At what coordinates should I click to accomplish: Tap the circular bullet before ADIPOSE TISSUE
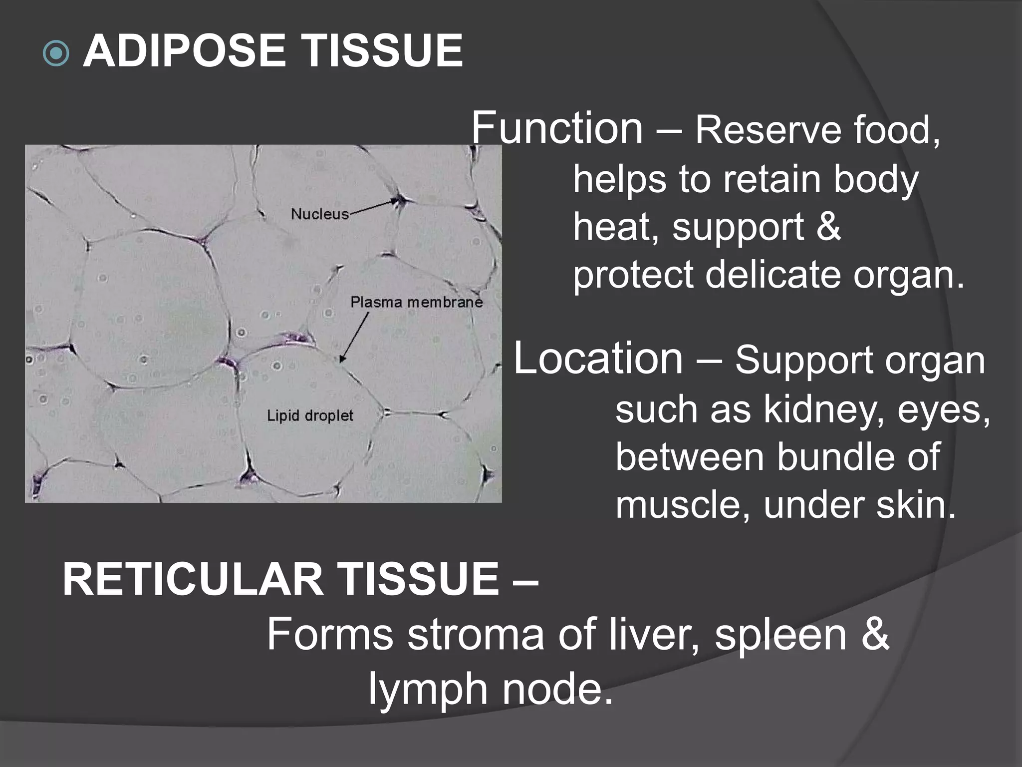(x=56, y=53)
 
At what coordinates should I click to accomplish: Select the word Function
(x=557, y=128)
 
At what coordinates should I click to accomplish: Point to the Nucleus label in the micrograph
(x=319, y=214)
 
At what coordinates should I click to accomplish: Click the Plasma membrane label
(x=416, y=302)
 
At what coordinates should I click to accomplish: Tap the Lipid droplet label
(x=310, y=415)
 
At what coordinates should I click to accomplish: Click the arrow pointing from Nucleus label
(x=374, y=207)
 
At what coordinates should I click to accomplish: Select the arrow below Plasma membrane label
(x=354, y=337)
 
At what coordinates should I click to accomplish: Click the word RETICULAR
(x=193, y=580)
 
